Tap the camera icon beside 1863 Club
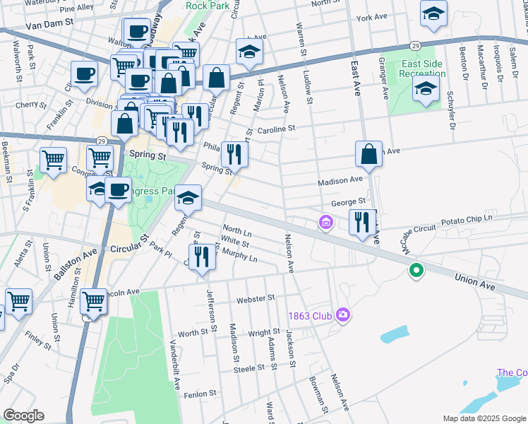pyautogui.click(x=343, y=314)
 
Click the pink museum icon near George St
pyautogui.click(x=325, y=223)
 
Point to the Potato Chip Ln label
pyautogui.click(x=467, y=220)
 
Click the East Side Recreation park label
pyautogui.click(x=422, y=69)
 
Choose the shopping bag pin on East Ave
pyautogui.click(x=369, y=154)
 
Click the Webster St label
pyautogui.click(x=256, y=299)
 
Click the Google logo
pyautogui.click(x=23, y=416)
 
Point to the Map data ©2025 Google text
pyautogui.click(x=484, y=418)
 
